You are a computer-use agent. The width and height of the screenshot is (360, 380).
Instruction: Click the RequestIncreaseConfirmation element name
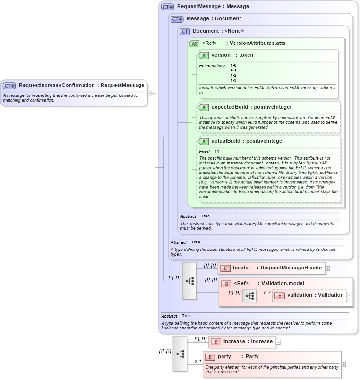56,86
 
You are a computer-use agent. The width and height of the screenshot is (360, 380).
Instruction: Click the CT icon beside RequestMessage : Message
167,7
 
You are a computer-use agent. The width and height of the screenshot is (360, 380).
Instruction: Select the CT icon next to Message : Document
177,19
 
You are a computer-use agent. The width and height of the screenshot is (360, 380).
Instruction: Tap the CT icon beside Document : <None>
185,31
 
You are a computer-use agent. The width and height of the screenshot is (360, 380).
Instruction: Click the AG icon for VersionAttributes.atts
194,43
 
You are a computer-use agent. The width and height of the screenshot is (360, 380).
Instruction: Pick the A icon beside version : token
204,55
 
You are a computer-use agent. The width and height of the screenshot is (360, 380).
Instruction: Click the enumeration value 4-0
233,65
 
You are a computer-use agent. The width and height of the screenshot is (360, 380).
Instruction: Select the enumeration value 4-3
233,80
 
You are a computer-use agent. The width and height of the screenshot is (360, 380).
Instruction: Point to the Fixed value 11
217,151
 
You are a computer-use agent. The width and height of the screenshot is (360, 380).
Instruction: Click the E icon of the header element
225,268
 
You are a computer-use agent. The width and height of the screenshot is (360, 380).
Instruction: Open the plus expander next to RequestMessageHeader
327,268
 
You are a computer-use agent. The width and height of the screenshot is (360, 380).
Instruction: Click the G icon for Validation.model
226,284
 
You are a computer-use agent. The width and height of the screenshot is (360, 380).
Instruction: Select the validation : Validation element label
315,295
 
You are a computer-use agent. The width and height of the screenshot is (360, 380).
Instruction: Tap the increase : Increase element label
248,342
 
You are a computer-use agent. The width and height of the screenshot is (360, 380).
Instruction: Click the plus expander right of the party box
343,364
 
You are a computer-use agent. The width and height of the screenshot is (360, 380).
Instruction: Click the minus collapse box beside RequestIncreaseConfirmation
149,93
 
